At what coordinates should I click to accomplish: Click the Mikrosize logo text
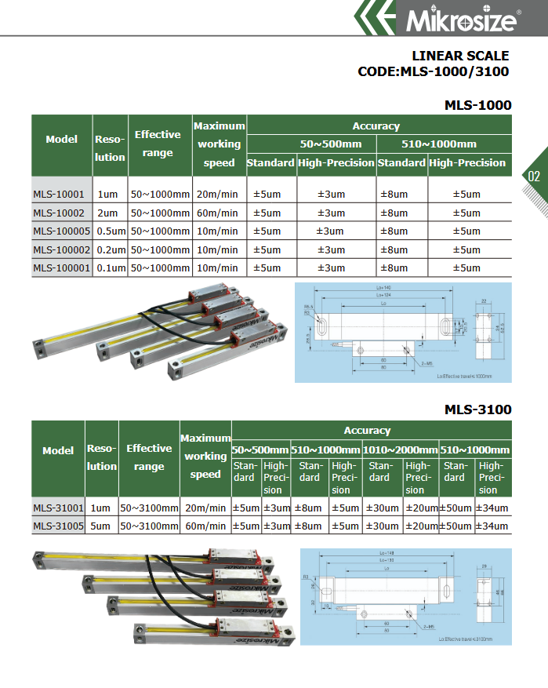pos(461,20)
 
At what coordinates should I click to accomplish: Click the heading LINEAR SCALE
pos(460,56)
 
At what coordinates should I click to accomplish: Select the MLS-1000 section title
pos(477,105)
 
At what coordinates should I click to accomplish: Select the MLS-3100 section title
pos(477,410)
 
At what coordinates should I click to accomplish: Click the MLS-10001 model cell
pos(59,195)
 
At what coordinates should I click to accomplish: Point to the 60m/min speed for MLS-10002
pos(219,213)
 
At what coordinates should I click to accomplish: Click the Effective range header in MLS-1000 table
pos(158,144)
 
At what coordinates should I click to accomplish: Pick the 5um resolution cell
pos(101,526)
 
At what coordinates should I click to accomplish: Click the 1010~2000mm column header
pos(400,450)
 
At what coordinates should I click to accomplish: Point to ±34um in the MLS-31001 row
pos(492,508)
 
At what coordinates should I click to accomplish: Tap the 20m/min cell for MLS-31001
pos(206,508)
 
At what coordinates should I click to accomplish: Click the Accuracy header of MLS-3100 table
pos(367,431)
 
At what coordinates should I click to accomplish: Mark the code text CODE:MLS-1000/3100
pos(433,72)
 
